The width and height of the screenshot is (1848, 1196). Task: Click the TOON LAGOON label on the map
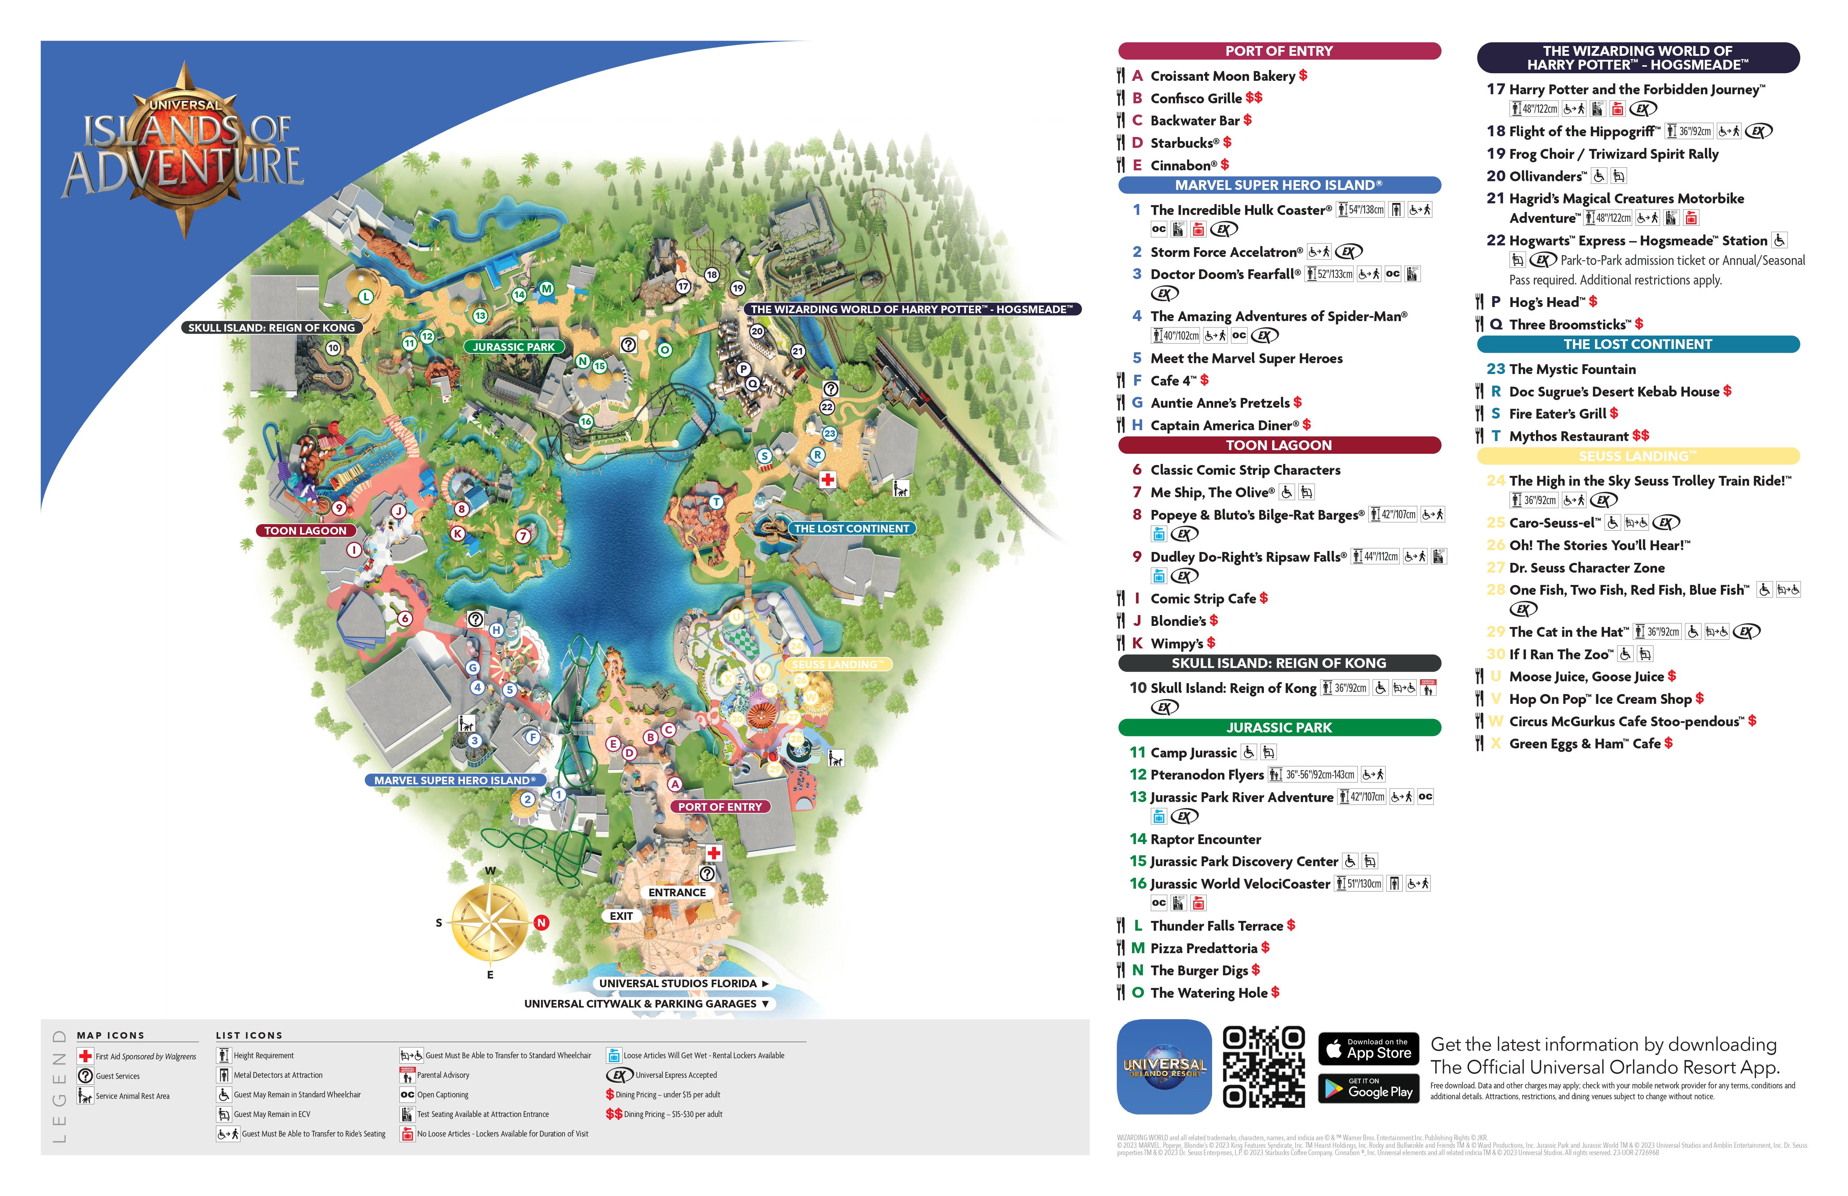(x=305, y=531)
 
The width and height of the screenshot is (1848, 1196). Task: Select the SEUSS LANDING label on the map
(x=837, y=664)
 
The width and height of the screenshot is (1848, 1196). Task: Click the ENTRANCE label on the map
(x=677, y=892)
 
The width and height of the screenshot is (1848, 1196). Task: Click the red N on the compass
(x=541, y=923)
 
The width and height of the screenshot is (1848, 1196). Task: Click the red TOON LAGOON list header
(x=1279, y=445)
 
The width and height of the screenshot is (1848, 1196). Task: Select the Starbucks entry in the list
(x=1184, y=143)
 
